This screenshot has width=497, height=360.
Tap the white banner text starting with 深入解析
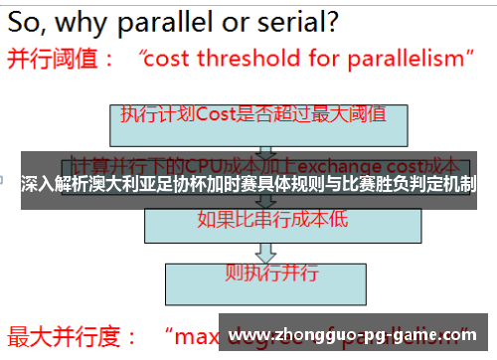point(248,184)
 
